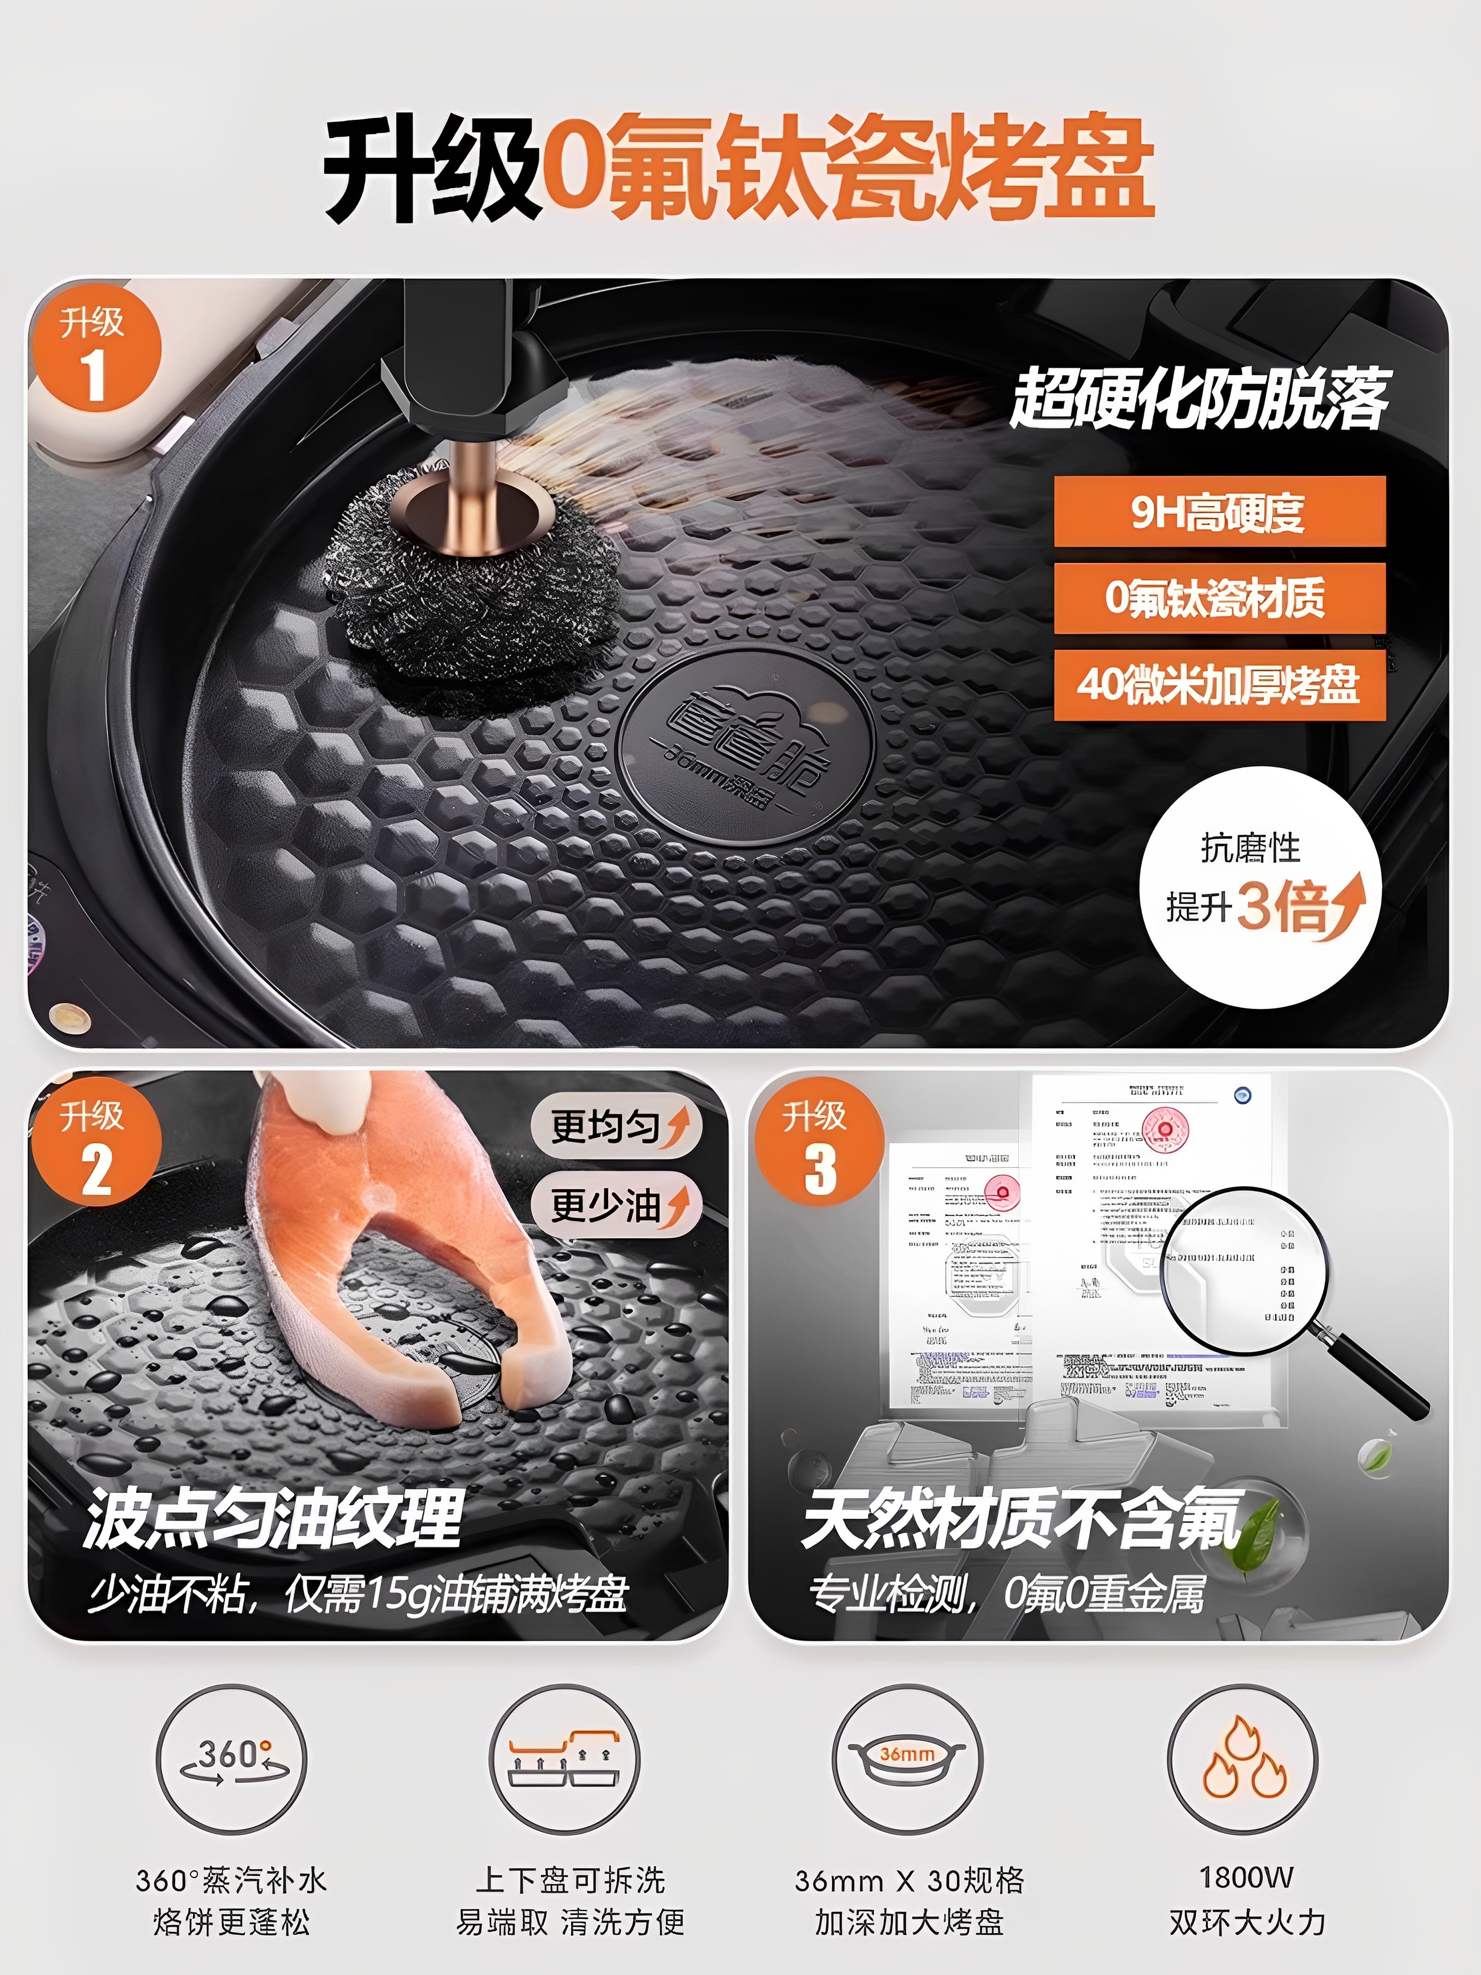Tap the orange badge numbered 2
[x=95, y=1144]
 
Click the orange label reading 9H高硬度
[x=1218, y=512]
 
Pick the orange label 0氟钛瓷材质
[x=1218, y=598]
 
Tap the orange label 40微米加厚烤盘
[x=1218, y=685]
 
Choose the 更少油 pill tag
[x=616, y=1205]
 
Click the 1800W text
[x=1246, y=1878]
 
